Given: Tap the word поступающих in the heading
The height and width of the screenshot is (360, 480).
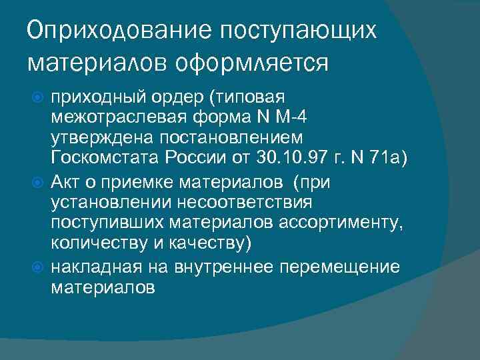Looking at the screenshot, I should click(x=296, y=29).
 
